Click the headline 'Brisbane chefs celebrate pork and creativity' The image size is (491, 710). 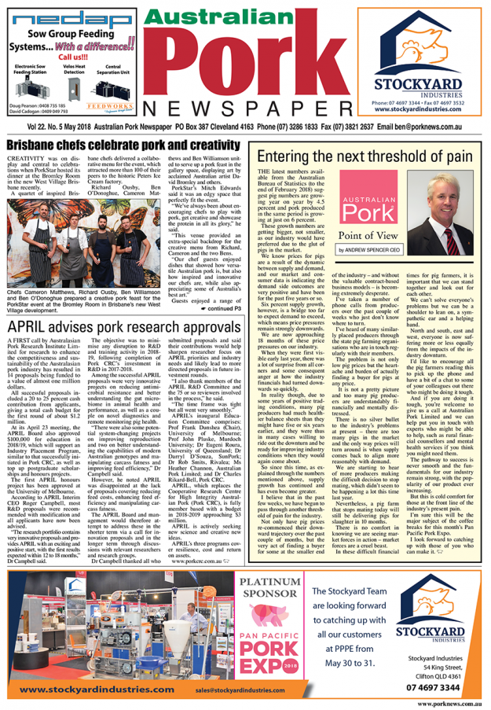coord(121,146)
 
